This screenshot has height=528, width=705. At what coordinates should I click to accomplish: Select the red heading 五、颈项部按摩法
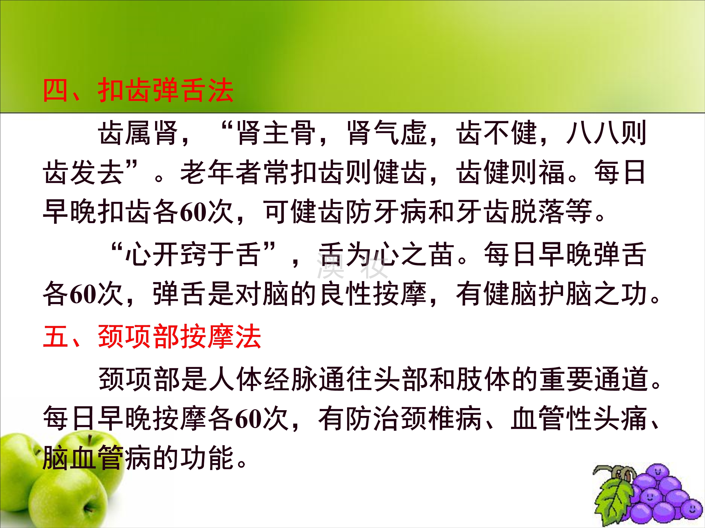[x=152, y=337]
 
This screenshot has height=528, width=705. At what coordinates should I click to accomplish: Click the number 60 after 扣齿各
[x=193, y=212]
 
